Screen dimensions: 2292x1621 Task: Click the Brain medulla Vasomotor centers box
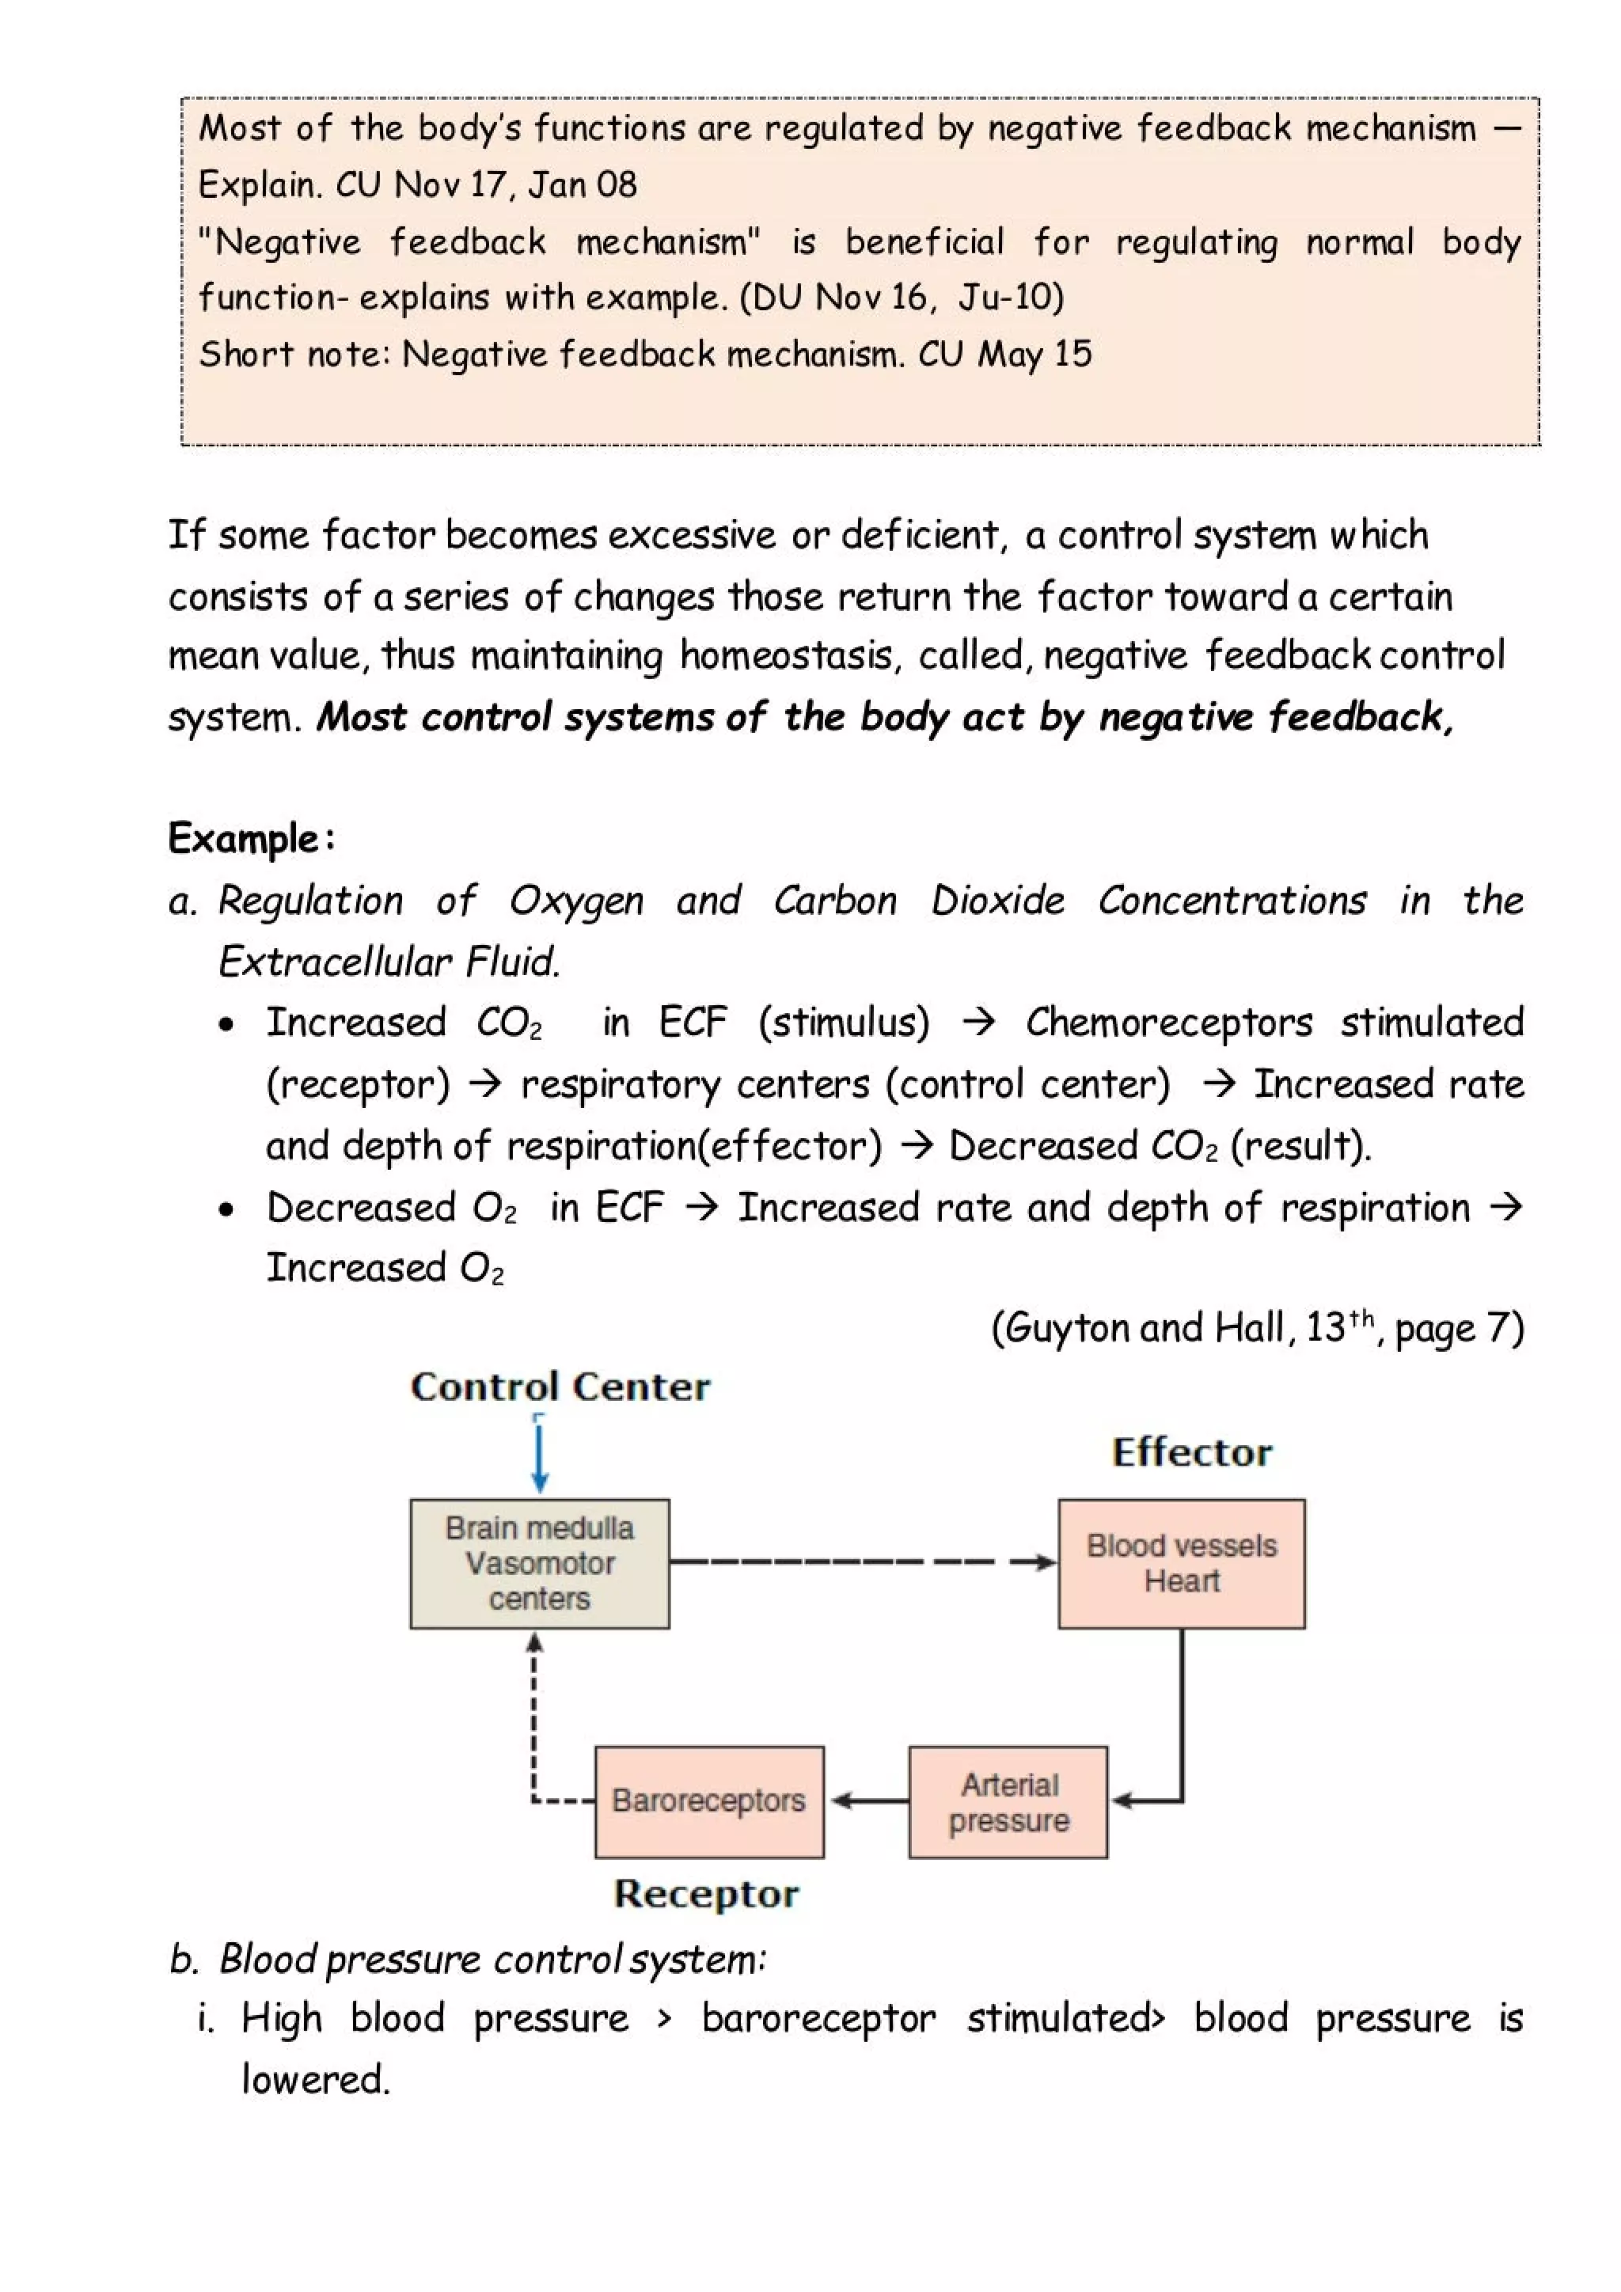click(x=539, y=1563)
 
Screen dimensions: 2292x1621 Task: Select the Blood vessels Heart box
click(x=1181, y=1563)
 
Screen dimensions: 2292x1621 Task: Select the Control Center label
click(x=560, y=1387)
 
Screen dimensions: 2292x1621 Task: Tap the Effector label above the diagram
click(x=1192, y=1452)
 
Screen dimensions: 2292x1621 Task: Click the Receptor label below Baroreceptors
click(x=706, y=1894)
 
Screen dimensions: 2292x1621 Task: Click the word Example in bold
click(x=242, y=839)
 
